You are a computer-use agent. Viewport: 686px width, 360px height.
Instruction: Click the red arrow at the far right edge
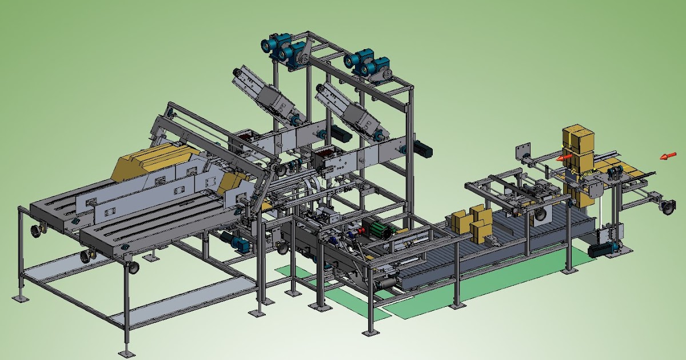(x=667, y=155)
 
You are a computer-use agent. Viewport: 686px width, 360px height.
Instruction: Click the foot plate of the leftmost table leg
(x=20, y=298)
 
